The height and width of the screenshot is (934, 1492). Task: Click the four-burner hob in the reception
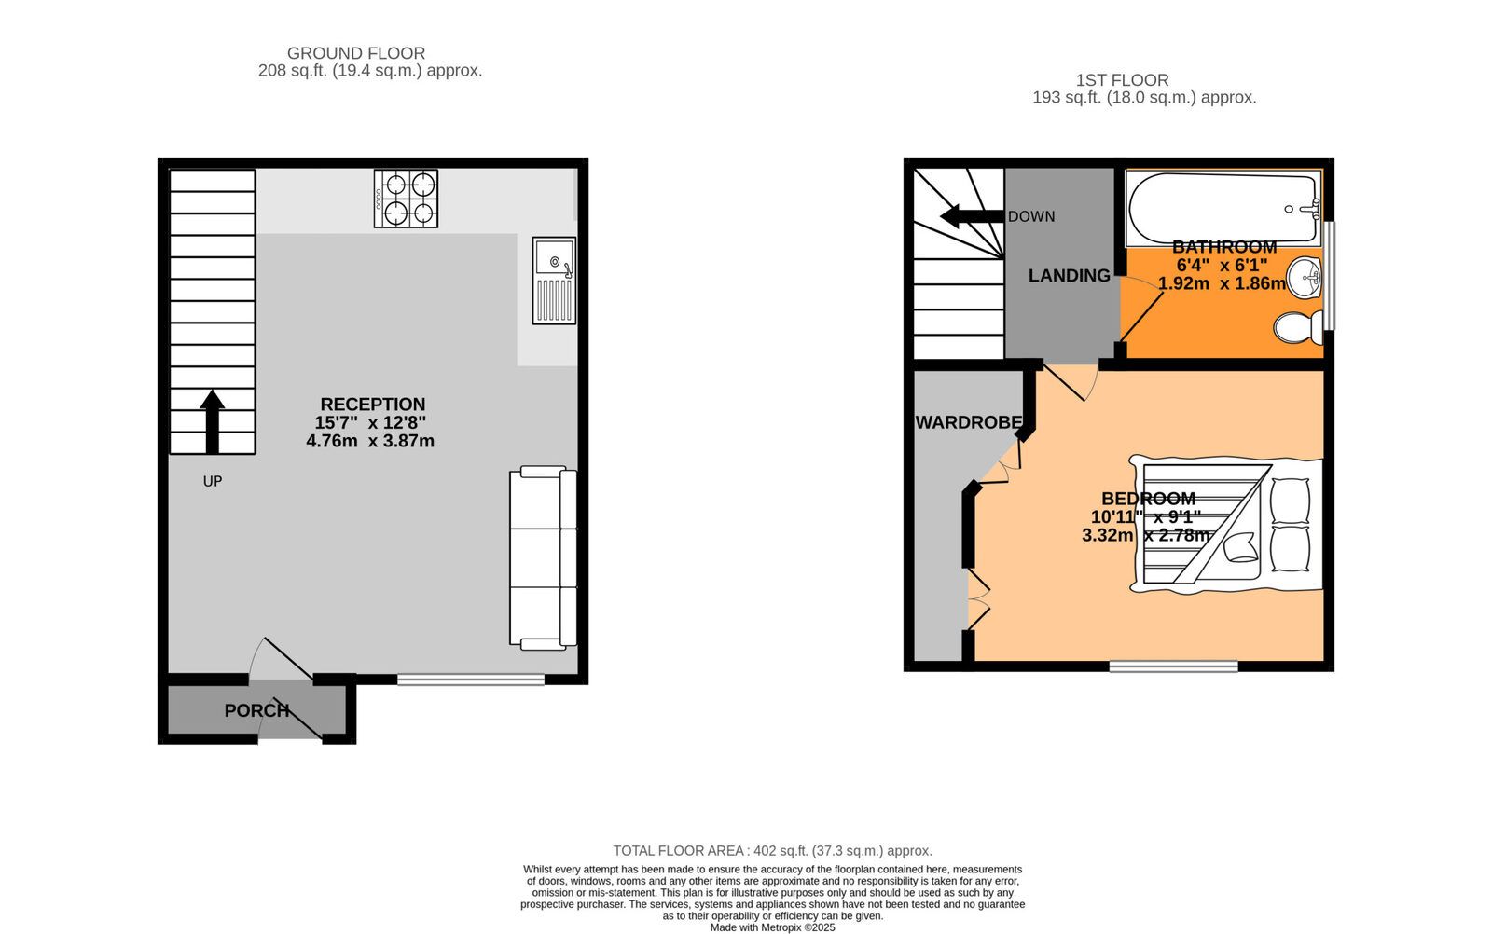point(406,199)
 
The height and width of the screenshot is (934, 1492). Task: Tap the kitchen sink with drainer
point(554,281)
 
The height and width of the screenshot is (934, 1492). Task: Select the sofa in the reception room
point(543,558)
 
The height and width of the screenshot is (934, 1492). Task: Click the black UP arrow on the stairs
point(213,421)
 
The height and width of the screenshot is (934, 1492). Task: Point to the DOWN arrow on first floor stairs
point(972,217)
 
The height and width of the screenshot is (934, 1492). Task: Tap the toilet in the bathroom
point(1296,327)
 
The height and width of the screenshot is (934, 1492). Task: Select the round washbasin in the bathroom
point(1306,277)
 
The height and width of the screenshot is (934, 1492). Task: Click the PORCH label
point(256,710)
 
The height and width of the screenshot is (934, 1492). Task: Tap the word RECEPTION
point(372,405)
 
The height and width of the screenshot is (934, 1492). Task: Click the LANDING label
point(1069,276)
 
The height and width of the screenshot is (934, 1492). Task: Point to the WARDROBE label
point(969,422)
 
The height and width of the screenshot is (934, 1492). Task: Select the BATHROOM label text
point(1223,247)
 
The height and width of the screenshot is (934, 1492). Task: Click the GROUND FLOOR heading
point(355,54)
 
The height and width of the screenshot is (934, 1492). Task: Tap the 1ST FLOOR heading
point(1121,80)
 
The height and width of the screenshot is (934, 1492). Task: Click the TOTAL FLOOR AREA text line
point(772,851)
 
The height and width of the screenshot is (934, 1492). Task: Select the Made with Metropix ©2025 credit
point(772,927)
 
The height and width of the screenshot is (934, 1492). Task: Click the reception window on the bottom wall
point(470,680)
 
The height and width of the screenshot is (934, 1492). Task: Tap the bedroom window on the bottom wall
point(1173,666)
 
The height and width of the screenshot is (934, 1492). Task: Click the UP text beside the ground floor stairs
point(213,482)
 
